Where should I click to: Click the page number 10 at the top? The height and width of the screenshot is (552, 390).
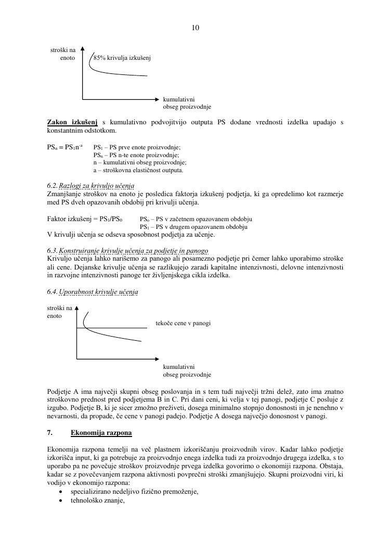[196, 28]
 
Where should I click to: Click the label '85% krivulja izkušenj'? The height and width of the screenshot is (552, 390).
[122, 58]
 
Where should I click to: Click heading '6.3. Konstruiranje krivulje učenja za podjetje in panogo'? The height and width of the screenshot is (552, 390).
[127, 251]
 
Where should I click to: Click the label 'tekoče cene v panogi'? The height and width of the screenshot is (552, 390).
[183, 324]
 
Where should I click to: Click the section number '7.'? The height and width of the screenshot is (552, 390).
[50, 432]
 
